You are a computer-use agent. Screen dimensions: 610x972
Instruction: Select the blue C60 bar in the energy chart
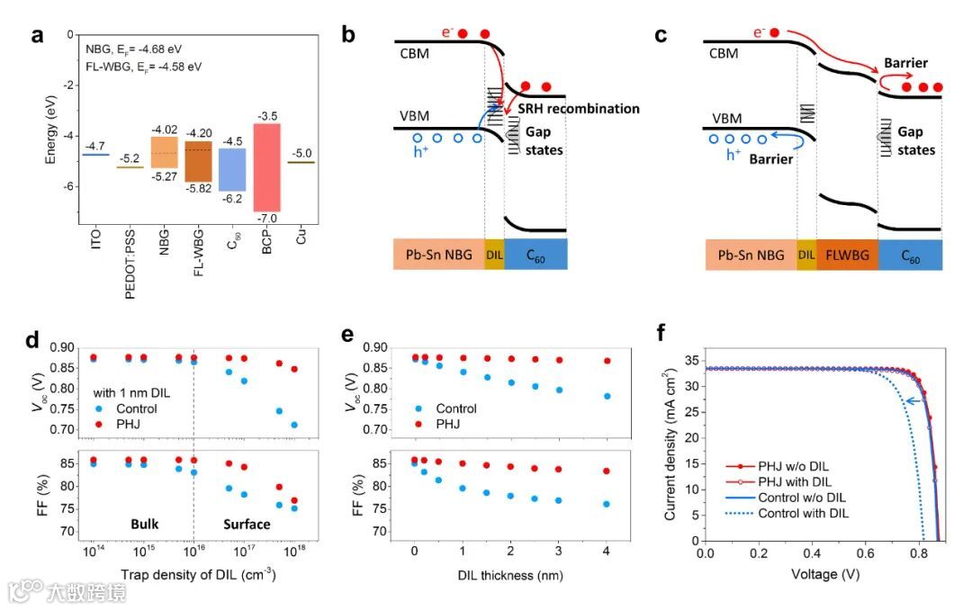(232, 182)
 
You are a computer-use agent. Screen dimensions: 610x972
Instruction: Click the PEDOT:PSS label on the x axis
(130, 254)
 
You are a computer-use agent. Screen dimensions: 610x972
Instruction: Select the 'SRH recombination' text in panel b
(579, 109)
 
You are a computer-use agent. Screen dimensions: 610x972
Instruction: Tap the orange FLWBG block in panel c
(846, 256)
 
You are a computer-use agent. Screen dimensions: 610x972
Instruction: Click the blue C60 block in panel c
(910, 256)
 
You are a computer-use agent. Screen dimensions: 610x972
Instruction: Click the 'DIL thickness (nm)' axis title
(510, 575)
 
